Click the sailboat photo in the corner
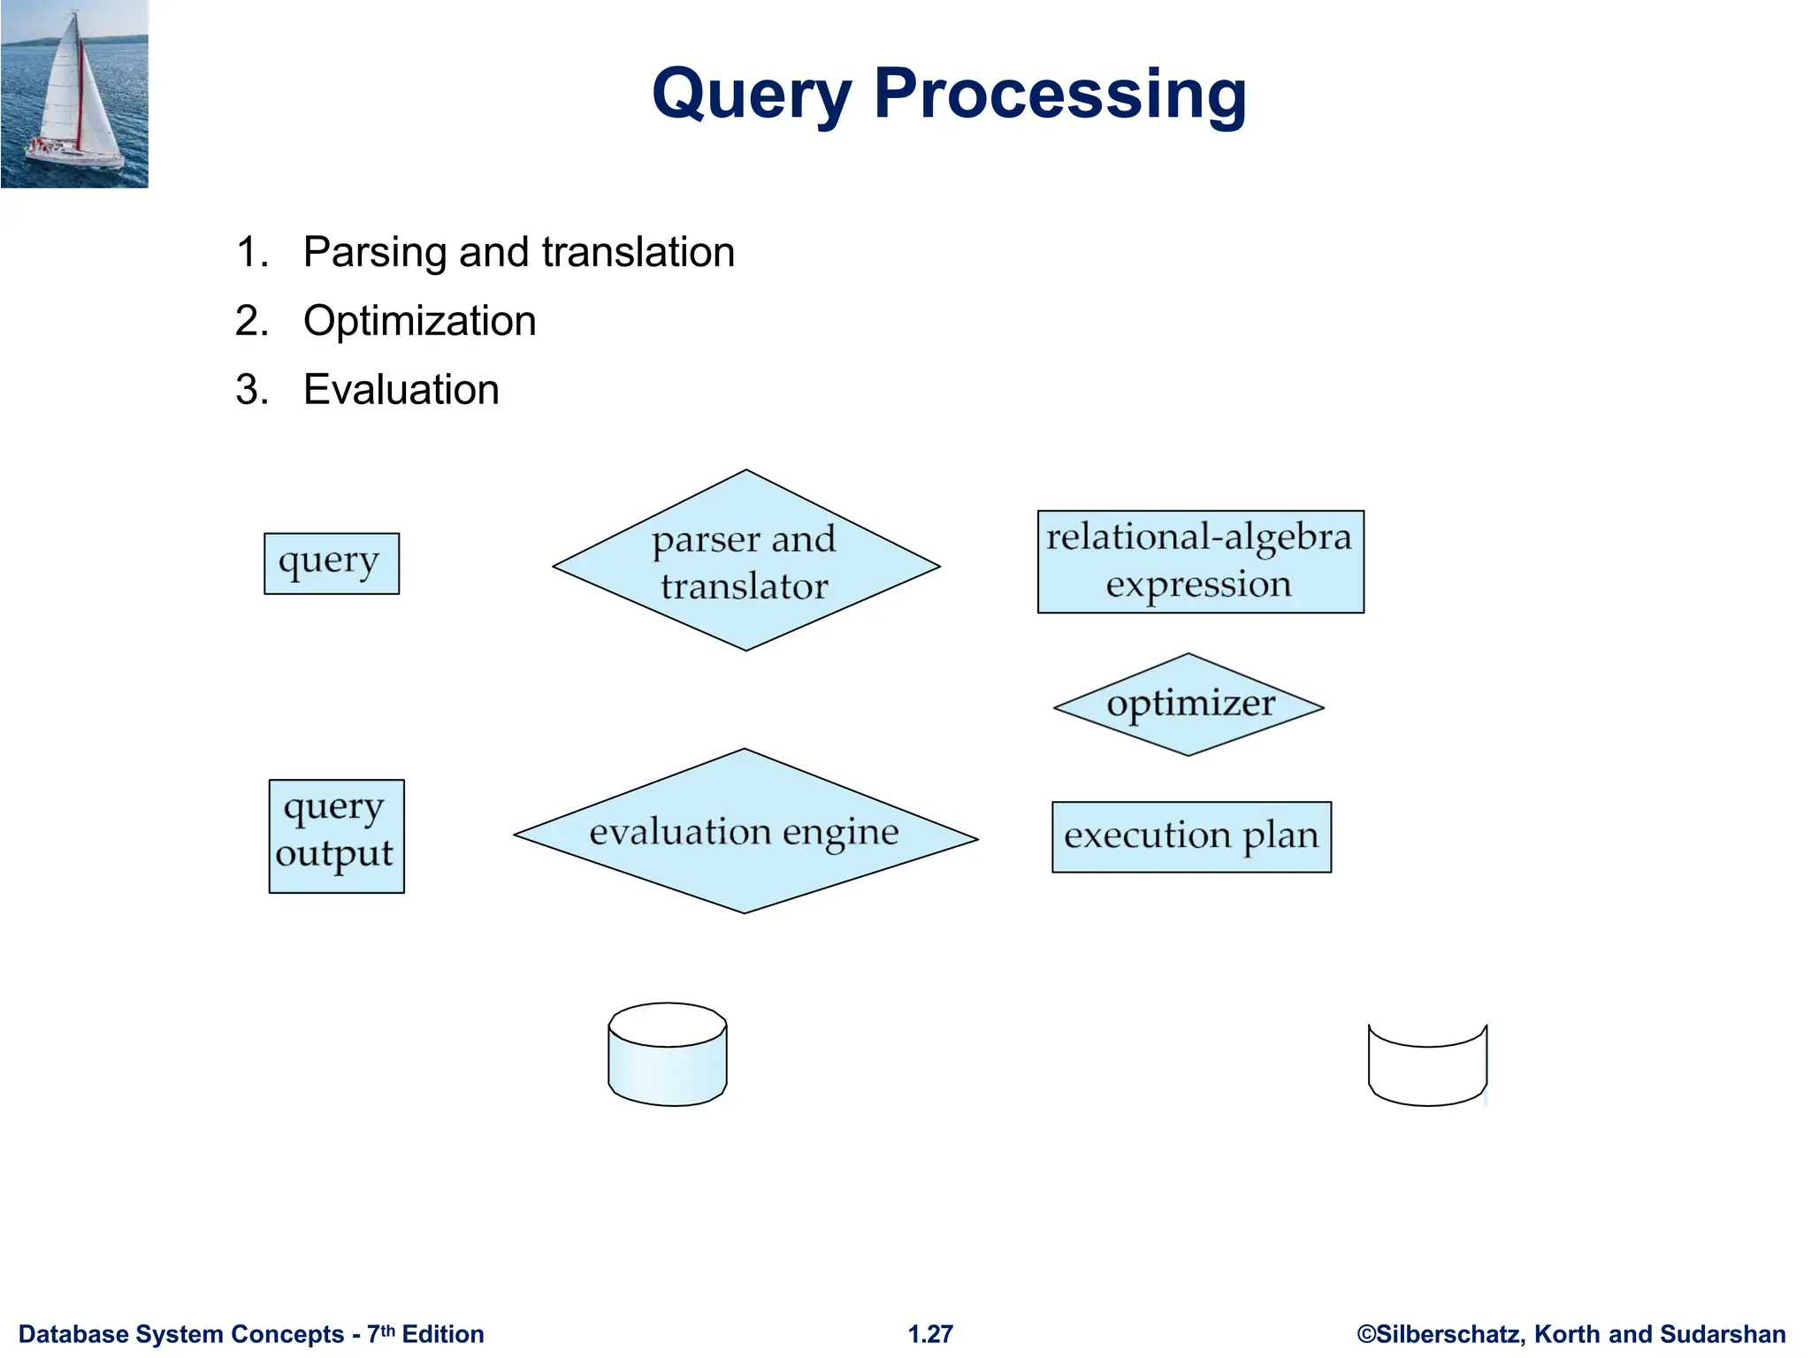[74, 94]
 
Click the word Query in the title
[752, 95]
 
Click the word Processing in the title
[1059, 95]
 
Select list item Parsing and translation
[518, 252]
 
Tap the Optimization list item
[419, 321]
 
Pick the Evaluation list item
[401, 390]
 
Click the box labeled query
[332, 563]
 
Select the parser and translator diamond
[745, 561]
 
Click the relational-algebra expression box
[1200, 561]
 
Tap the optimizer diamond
[1188, 705]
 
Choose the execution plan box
[1191, 836]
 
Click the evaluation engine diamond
[745, 832]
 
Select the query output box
[336, 835]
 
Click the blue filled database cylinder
[668, 1054]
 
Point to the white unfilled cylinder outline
[1427, 1070]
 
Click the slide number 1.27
[930, 1334]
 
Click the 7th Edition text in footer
[425, 1334]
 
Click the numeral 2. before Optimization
[251, 321]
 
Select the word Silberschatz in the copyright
[1449, 1334]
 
